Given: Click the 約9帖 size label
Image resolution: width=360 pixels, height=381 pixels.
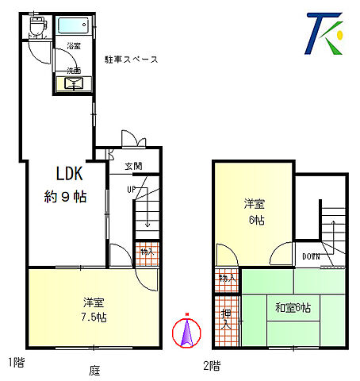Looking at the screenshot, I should pos(65,196).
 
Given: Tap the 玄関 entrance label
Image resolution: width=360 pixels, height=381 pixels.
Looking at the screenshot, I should pos(133,167).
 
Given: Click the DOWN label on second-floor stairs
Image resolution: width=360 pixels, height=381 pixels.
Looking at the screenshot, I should pos(311,256).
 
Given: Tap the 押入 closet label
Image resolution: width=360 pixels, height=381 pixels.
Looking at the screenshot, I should pos(226,320).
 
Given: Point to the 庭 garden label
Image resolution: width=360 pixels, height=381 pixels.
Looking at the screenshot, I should pos(94,370).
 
